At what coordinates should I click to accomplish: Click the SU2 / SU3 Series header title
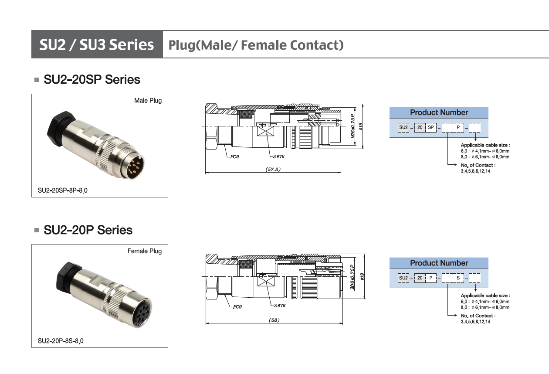click(x=97, y=44)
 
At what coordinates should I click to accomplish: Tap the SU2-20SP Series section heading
click(x=92, y=79)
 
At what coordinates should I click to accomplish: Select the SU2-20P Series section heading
click(x=88, y=230)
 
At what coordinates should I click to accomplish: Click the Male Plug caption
click(x=148, y=101)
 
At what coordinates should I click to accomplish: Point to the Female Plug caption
click(x=145, y=251)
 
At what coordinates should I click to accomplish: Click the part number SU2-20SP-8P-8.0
click(x=62, y=190)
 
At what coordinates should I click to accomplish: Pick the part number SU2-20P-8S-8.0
click(x=61, y=341)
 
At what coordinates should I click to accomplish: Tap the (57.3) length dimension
click(x=273, y=169)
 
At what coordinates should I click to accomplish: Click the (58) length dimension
click(x=274, y=320)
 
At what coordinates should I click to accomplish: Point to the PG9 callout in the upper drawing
click(x=234, y=156)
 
